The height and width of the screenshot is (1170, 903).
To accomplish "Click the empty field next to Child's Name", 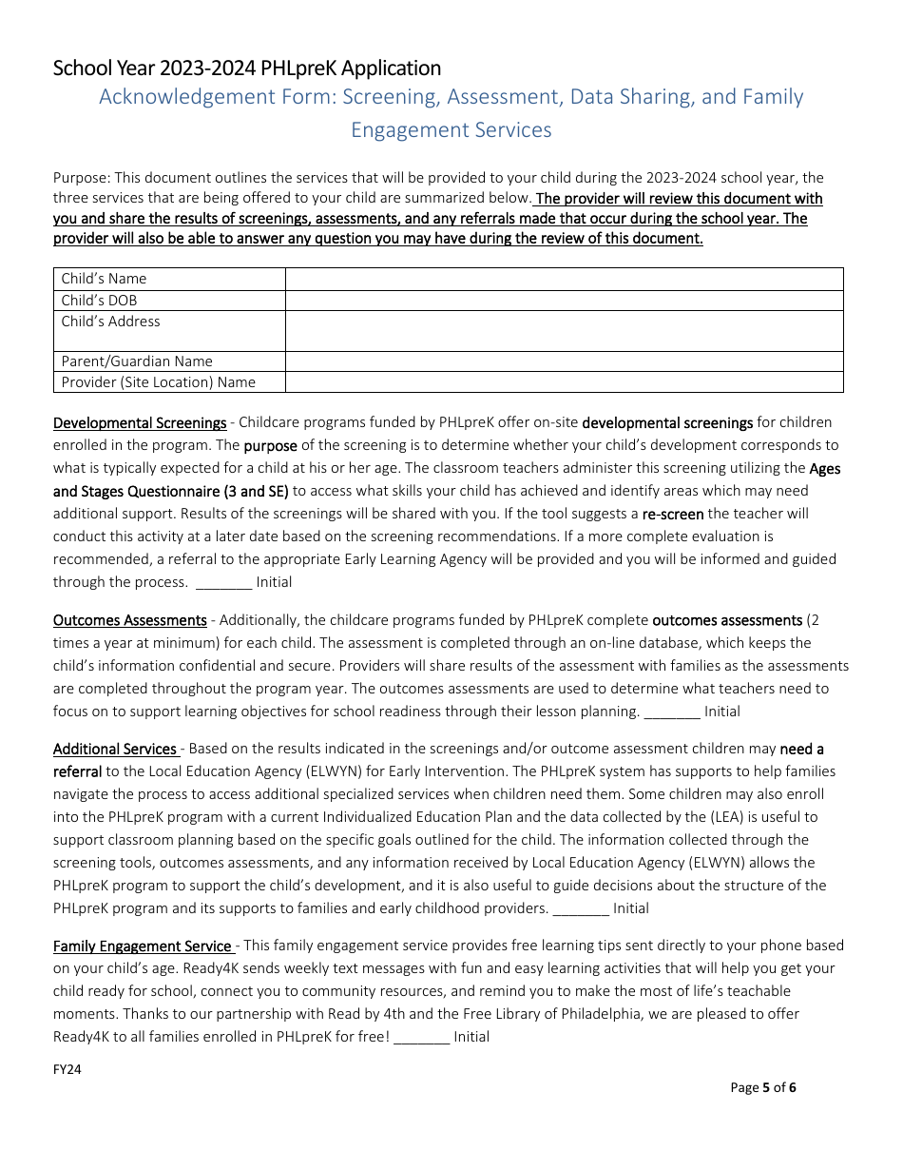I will click(x=564, y=279).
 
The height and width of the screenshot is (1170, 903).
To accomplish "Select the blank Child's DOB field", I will click(x=564, y=301).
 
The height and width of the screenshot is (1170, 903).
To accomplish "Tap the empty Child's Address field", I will click(x=564, y=331).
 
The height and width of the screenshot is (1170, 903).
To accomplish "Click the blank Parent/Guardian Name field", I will click(x=564, y=361).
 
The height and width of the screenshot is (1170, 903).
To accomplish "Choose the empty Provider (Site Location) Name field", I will click(x=564, y=382).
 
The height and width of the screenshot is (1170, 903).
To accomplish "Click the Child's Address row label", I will click(x=111, y=322).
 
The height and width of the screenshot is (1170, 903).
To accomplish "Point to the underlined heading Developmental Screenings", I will click(x=140, y=422).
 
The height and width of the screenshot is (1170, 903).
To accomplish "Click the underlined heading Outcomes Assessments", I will click(x=130, y=620).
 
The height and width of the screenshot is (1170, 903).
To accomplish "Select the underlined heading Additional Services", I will click(x=115, y=749).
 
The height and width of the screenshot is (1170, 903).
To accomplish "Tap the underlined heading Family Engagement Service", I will click(x=143, y=946).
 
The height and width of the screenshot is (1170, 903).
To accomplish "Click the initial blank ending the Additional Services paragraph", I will click(x=581, y=908).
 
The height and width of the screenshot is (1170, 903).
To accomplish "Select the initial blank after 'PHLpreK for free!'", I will click(x=421, y=1037).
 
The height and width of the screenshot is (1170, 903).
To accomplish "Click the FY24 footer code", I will click(x=67, y=1069).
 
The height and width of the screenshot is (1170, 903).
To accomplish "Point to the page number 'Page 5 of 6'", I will click(x=763, y=1087).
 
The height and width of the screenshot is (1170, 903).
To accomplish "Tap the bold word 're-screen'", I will click(x=673, y=514).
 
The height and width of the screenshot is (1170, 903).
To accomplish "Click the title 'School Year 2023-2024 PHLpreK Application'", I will click(x=247, y=68).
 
